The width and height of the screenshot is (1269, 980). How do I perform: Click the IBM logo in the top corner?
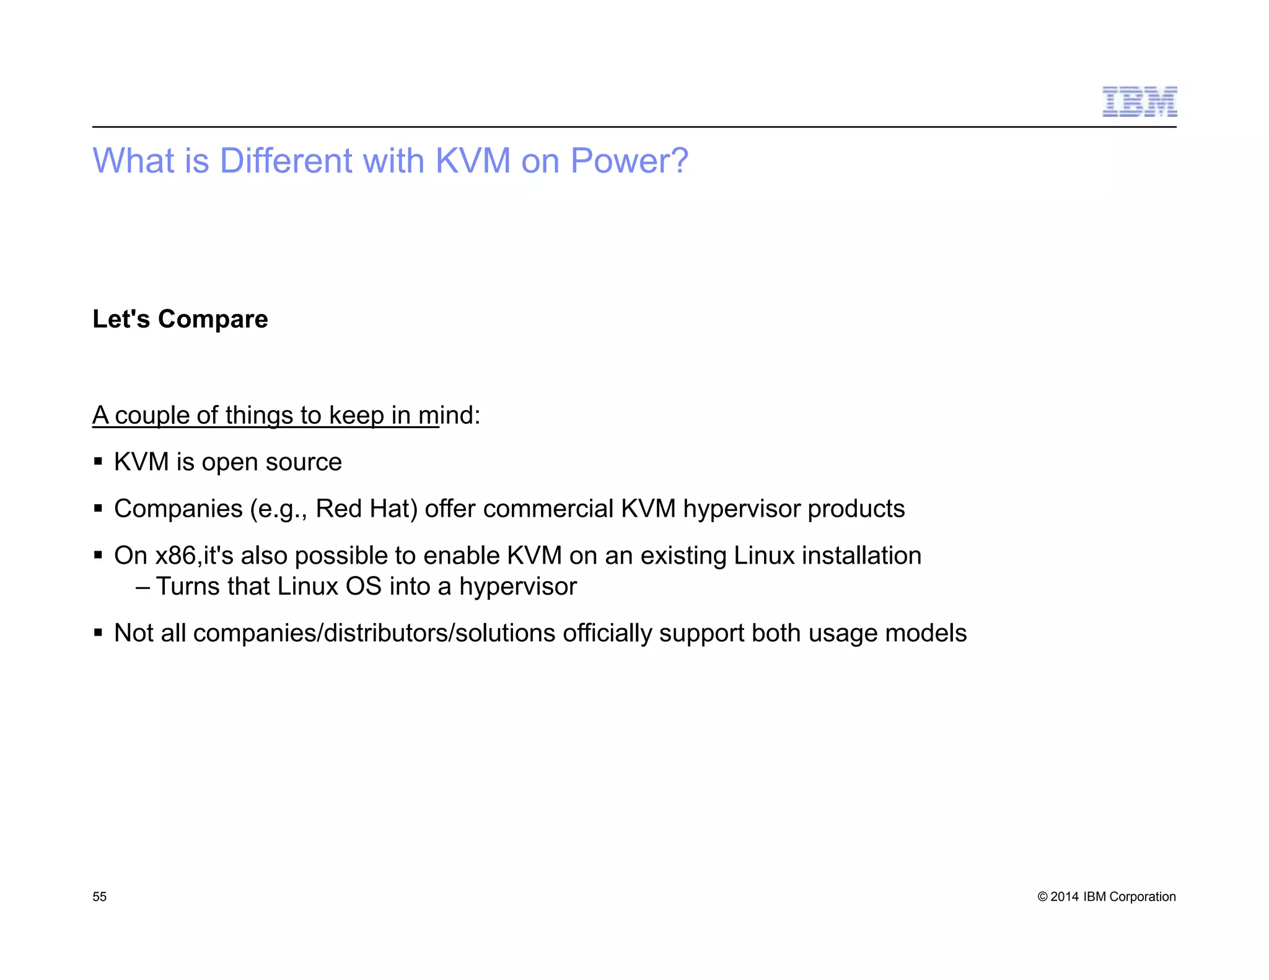point(1139,102)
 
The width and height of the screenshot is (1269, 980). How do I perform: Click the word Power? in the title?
point(629,161)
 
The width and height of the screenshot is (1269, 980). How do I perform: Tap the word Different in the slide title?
point(286,161)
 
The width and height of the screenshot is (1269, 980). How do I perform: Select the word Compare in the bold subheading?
point(213,320)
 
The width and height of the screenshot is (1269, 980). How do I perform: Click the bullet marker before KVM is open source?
point(98,462)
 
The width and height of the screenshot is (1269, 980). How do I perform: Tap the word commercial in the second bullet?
point(548,509)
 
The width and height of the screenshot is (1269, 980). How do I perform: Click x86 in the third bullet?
point(175,556)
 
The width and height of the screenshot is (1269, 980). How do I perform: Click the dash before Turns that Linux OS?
point(143,587)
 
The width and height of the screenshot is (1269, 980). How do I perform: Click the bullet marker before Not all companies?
point(98,633)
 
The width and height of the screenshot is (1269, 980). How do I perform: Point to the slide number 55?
point(100,896)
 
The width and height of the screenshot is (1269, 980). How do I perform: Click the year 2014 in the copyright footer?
point(1065,896)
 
